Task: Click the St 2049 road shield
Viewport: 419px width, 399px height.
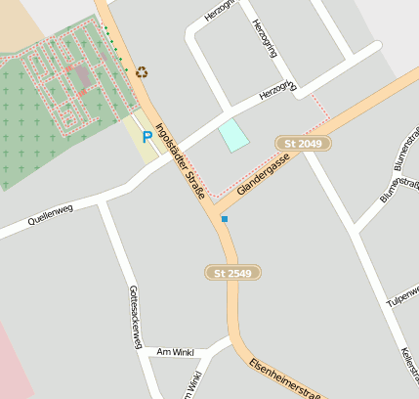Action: click(303, 144)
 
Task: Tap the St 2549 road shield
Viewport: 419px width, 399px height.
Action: click(233, 273)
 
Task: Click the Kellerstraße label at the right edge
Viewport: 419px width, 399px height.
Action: click(409, 367)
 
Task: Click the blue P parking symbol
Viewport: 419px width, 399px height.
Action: click(147, 138)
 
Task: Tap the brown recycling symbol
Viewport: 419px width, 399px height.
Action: click(142, 71)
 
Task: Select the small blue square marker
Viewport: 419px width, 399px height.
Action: click(225, 219)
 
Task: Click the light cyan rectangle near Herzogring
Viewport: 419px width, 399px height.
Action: click(233, 135)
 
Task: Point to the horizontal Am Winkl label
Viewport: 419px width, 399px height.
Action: click(176, 352)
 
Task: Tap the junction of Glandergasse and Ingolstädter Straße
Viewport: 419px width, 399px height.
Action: click(216, 206)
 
